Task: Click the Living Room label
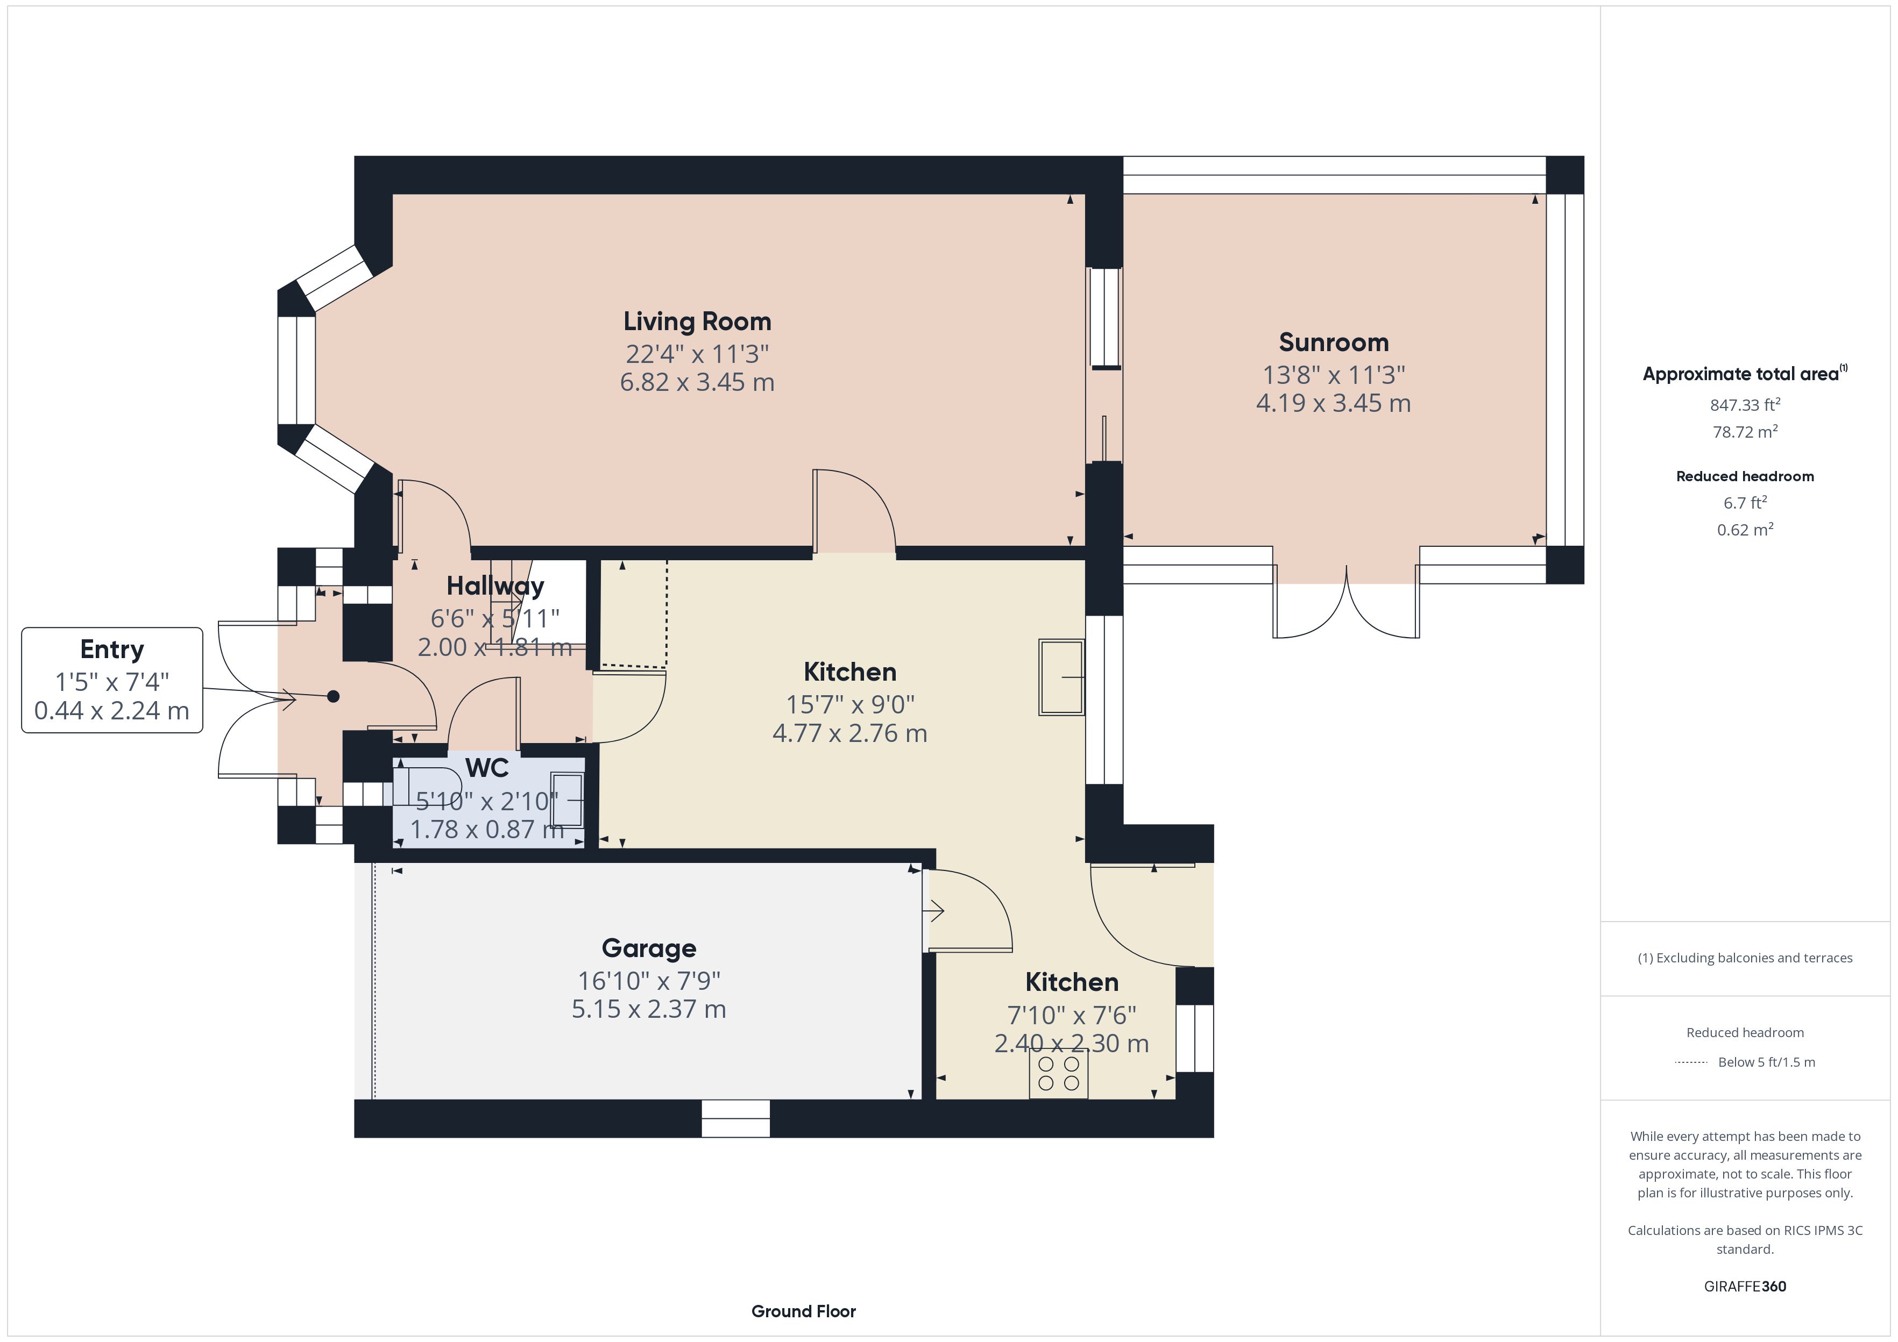click(x=697, y=322)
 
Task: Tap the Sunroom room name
click(x=1334, y=342)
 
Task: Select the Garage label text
click(x=649, y=948)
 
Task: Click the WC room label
click(x=487, y=768)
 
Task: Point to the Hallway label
click(x=495, y=586)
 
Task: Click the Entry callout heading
click(x=111, y=649)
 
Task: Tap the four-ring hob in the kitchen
click(x=1058, y=1073)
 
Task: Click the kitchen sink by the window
click(x=1061, y=677)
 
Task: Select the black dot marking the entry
click(x=333, y=697)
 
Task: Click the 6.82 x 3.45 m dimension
click(x=697, y=382)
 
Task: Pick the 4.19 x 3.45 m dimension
click(x=1334, y=403)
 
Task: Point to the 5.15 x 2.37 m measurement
click(x=649, y=1009)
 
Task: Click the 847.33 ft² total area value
click(x=1745, y=405)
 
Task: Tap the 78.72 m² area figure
click(x=1745, y=431)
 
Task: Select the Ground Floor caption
click(x=804, y=1311)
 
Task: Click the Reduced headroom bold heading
click(x=1745, y=476)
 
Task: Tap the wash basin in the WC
click(x=567, y=800)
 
